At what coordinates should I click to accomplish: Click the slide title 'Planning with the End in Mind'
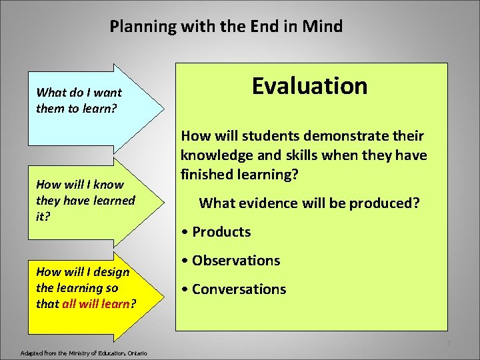click(x=226, y=27)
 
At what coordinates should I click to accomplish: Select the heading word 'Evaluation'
click(x=309, y=86)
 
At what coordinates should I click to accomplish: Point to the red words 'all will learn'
click(x=99, y=304)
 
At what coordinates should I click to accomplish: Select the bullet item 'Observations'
click(x=231, y=261)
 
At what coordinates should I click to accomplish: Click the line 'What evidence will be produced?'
click(x=309, y=203)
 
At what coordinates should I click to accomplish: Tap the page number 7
click(x=449, y=343)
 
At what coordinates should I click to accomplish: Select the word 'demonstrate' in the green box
click(x=345, y=136)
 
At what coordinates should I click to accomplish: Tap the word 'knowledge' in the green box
click(x=212, y=155)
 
